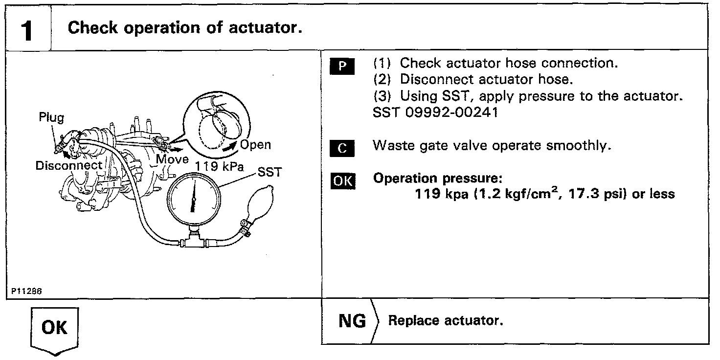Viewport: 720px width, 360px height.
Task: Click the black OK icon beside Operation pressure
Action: (343, 180)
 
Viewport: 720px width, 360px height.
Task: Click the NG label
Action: (352, 321)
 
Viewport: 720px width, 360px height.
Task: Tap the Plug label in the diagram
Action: (51, 118)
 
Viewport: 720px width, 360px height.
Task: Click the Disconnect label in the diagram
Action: (69, 165)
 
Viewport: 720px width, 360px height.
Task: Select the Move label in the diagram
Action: (172, 159)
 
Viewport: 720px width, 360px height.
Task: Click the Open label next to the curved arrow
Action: (255, 145)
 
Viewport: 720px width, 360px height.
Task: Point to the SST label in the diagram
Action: (270, 172)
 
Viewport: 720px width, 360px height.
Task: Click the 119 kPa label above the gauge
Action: (219, 166)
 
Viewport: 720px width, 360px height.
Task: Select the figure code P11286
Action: (25, 291)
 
